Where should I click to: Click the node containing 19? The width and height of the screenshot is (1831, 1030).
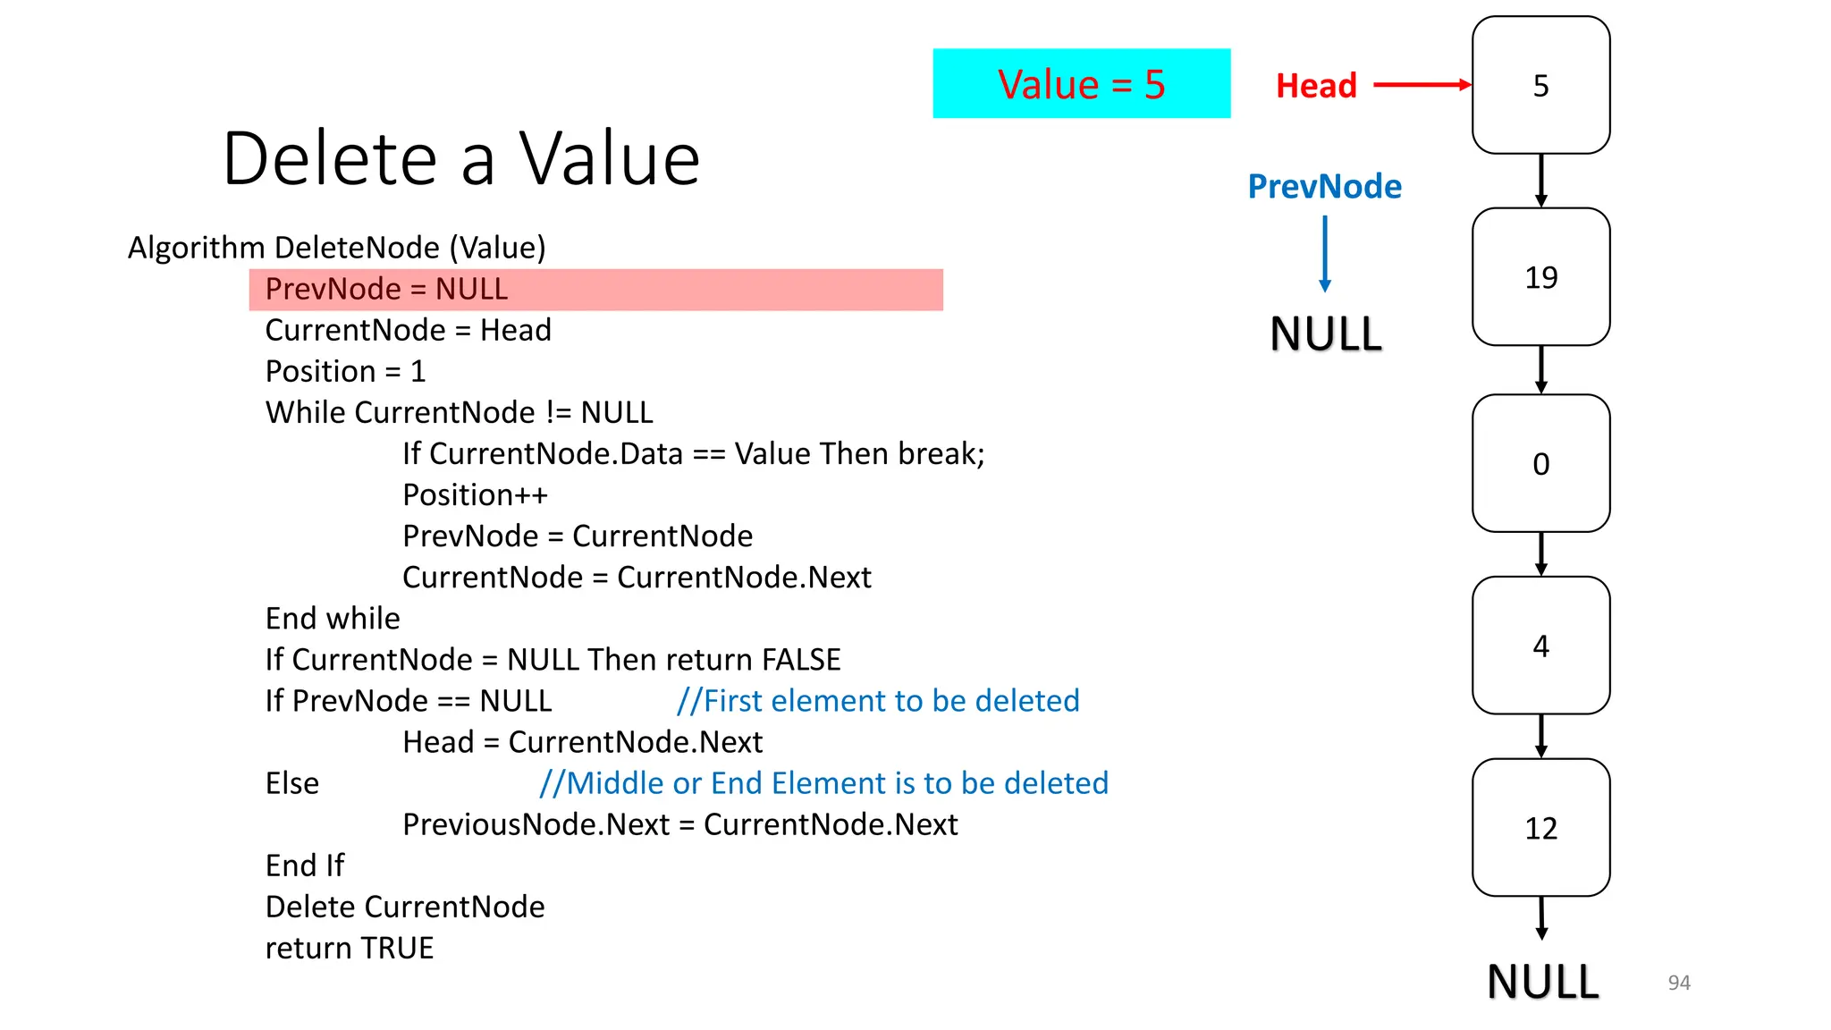(x=1540, y=277)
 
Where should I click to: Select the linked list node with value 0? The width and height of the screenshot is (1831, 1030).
(x=1540, y=463)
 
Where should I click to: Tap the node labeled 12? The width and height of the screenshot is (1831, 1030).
(x=1540, y=827)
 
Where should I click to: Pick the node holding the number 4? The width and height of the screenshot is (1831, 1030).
(x=1540, y=645)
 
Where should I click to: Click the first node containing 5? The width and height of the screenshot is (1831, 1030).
(x=1540, y=85)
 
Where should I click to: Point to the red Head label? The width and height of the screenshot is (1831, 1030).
(x=1316, y=86)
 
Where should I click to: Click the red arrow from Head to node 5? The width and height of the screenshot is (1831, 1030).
(x=1422, y=85)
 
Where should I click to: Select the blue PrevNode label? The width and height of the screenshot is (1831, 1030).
(x=1324, y=186)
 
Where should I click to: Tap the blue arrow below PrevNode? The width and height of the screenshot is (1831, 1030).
(x=1325, y=254)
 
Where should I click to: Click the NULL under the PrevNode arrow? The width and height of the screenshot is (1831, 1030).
(x=1326, y=334)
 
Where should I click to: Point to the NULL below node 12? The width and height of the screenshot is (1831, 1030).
(x=1542, y=982)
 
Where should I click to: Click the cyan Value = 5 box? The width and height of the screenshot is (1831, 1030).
(x=1081, y=84)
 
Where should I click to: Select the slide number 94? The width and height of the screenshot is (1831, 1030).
(x=1678, y=983)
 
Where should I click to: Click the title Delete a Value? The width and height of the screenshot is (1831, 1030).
(x=460, y=158)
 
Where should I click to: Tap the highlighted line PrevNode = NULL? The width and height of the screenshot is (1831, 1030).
(x=595, y=290)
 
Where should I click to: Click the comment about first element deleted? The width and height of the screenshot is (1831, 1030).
(x=878, y=701)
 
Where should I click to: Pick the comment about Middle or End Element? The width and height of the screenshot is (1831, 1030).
(x=823, y=783)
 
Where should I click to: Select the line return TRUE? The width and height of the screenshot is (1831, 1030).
(x=350, y=948)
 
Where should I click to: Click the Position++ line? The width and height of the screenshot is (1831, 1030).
(x=475, y=494)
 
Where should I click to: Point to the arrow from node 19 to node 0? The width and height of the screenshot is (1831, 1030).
(x=1540, y=369)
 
